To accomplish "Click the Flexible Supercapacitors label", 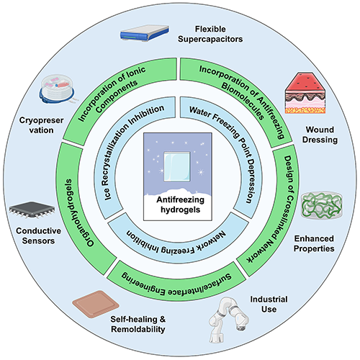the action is [210, 34].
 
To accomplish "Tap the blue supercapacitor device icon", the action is [145, 33].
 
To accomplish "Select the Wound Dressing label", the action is [320, 135].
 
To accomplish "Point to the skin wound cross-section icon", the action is [305, 93].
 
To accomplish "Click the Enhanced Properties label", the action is [314, 243].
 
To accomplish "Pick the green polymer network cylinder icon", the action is [322, 205].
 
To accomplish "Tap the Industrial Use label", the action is [269, 304].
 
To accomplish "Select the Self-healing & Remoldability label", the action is [138, 324].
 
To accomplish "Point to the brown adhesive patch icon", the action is [96, 304].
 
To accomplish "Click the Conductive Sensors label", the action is [38, 235].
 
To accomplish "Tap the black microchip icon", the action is [32, 210].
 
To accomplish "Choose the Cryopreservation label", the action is [41, 125].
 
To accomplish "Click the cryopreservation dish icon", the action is [57, 89].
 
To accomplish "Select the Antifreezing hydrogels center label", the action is [180, 204].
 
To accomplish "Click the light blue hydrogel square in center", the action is [177, 166].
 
